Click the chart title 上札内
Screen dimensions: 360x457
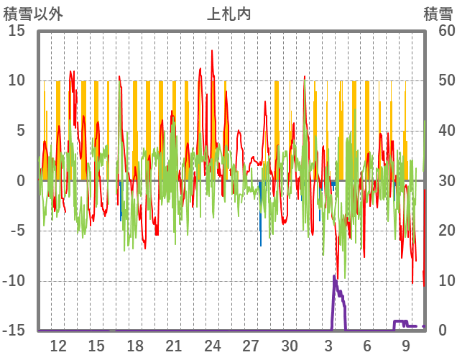[x=228, y=14]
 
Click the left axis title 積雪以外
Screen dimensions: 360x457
[x=32, y=14]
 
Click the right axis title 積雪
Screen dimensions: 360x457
[x=437, y=14]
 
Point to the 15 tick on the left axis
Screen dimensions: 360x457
[x=16, y=31]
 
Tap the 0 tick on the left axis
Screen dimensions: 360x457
[x=21, y=181]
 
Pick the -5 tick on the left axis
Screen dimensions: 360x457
[x=17, y=231]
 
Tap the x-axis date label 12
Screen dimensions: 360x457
[x=57, y=346]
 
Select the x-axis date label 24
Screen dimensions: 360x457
[x=212, y=346]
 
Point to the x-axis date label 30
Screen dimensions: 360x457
[x=290, y=346]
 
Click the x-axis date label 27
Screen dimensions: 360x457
[x=251, y=346]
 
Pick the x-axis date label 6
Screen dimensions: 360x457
[x=367, y=346]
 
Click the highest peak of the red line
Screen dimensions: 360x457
[x=212, y=50]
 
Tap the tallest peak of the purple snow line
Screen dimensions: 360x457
[x=334, y=276]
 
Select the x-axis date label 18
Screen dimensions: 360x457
[x=135, y=346]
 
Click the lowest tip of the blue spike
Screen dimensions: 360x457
[x=261, y=246]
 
